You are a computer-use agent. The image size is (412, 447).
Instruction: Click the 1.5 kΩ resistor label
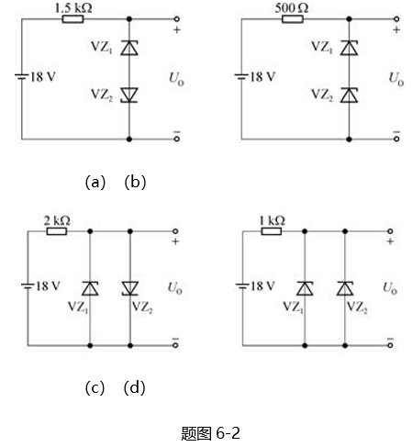pos(73,8)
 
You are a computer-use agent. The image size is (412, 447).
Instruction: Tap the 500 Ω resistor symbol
pos(293,19)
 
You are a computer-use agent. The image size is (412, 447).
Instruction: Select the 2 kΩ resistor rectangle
pos(57,231)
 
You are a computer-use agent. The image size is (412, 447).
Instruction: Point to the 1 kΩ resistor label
pos(272,220)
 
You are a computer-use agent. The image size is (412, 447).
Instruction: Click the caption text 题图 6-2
pos(210,433)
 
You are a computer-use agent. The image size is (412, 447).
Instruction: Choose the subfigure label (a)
pos(95,183)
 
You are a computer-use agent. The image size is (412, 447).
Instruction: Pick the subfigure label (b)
pos(135,183)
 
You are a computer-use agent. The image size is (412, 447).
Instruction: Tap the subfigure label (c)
pos(95,388)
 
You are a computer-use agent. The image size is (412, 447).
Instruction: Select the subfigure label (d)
pos(134,388)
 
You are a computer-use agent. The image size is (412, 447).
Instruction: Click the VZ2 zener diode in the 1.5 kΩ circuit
pos(129,95)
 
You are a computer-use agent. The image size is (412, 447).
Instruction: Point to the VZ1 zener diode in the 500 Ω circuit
pos(349,48)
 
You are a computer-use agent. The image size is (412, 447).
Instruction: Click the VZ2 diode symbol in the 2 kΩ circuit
pos(130,288)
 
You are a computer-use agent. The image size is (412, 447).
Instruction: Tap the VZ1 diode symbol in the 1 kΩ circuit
pos(305,288)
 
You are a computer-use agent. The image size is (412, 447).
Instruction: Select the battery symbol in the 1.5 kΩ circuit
pos(21,76)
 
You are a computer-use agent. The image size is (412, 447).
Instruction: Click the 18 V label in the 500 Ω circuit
pos(262,77)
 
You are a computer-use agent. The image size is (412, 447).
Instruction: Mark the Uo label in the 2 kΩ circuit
pos(175,288)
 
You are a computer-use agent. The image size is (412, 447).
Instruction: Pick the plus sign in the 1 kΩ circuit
pos(390,241)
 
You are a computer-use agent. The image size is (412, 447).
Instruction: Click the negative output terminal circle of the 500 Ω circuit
pos(396,139)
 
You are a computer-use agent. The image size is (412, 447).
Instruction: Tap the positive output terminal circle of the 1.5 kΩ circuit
pos(176,19)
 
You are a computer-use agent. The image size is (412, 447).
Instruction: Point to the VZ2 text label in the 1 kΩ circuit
pos(357,307)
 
